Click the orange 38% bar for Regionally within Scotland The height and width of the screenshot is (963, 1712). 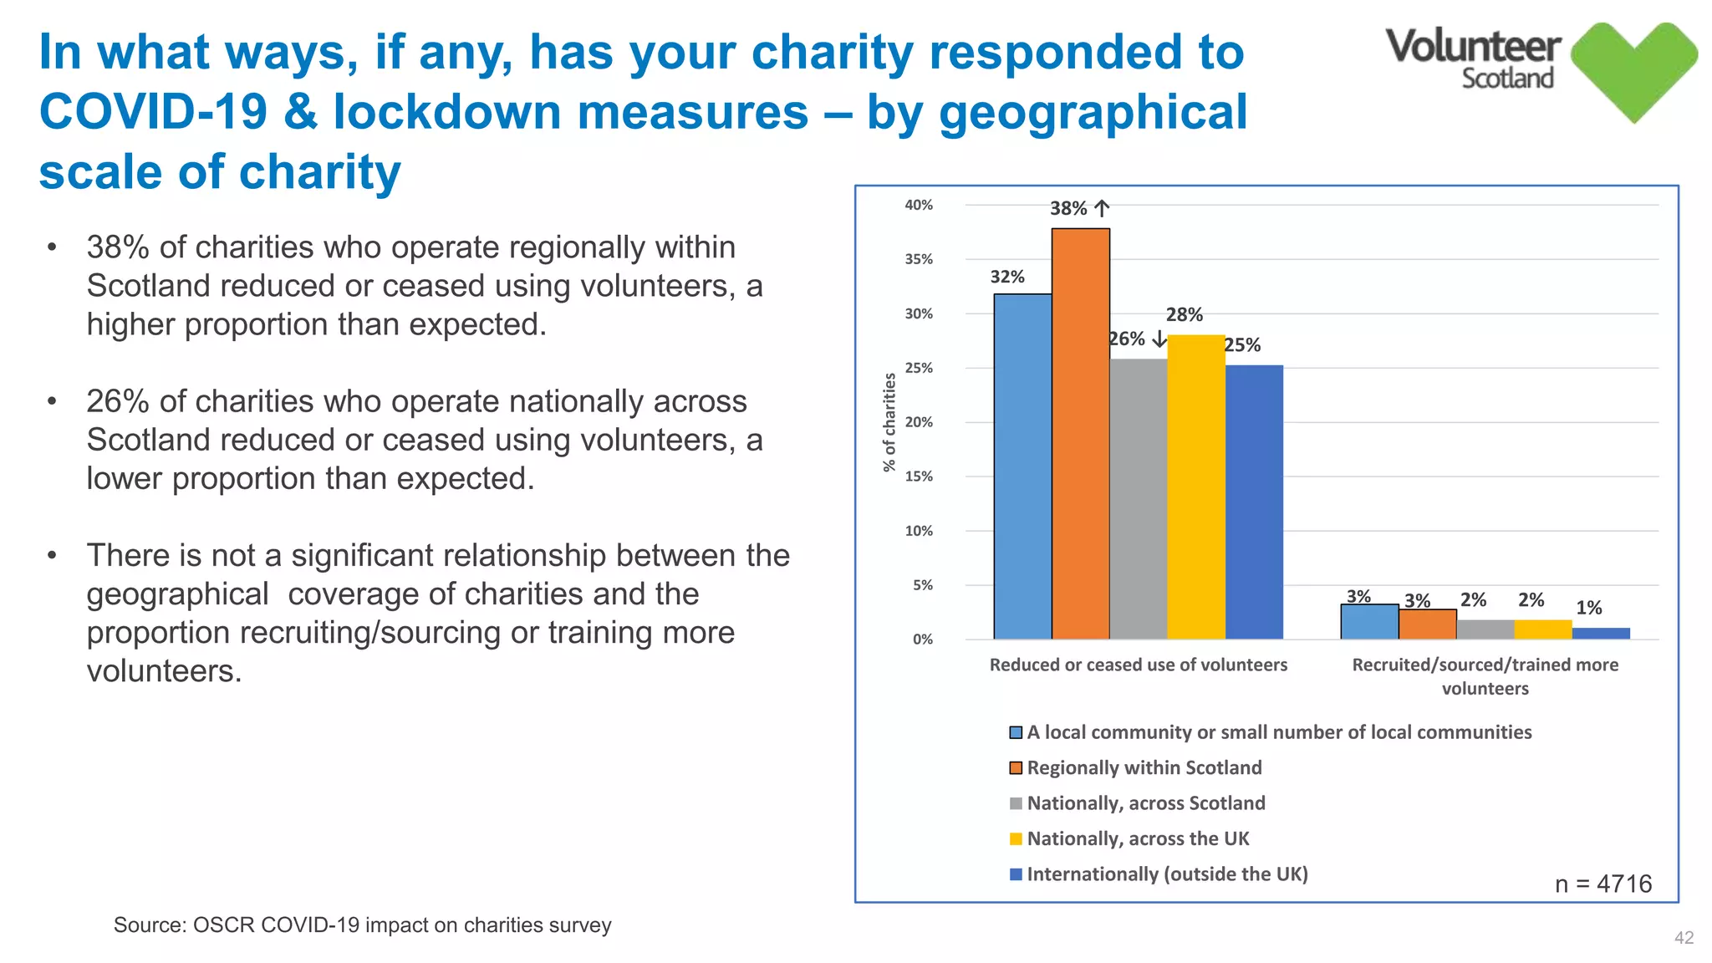point(1080,435)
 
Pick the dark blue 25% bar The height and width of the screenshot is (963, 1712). point(1254,502)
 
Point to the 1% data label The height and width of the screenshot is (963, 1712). point(1588,608)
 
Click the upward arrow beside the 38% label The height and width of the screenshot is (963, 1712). point(1102,208)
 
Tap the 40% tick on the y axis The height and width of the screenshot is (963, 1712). point(918,205)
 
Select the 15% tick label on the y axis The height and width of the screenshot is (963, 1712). point(918,476)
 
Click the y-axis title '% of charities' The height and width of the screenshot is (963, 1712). point(889,422)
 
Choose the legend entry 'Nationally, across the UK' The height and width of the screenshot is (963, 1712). point(1137,838)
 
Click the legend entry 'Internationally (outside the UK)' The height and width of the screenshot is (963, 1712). point(1166,874)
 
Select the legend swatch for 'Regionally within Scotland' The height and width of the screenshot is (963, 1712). point(1016,768)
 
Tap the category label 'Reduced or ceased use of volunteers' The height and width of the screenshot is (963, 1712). point(1138,665)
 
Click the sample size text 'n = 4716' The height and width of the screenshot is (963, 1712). point(1602,884)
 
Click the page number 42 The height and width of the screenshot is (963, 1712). point(1684,938)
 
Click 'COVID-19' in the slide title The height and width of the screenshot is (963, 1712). point(153,112)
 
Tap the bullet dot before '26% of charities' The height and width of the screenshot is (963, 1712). point(52,402)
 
